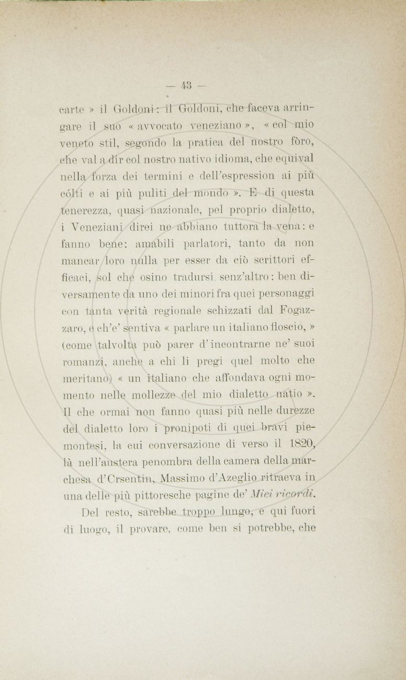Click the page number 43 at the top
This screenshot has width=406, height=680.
coord(186,85)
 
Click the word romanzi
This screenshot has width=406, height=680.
coord(85,360)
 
